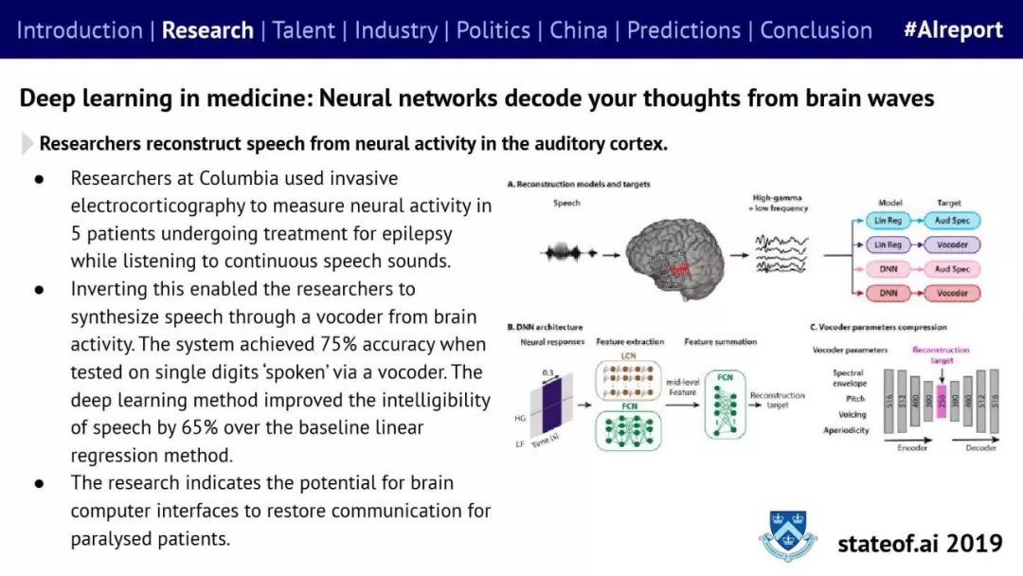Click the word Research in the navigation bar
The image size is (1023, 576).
207,29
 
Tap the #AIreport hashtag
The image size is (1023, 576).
952,29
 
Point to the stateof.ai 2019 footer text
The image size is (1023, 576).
920,543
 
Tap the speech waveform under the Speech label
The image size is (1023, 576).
567,253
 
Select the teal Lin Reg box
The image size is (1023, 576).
888,221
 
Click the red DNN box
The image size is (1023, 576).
888,293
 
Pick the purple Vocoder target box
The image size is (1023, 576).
952,244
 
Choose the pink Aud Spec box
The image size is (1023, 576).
952,269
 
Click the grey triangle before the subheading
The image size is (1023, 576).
27,144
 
